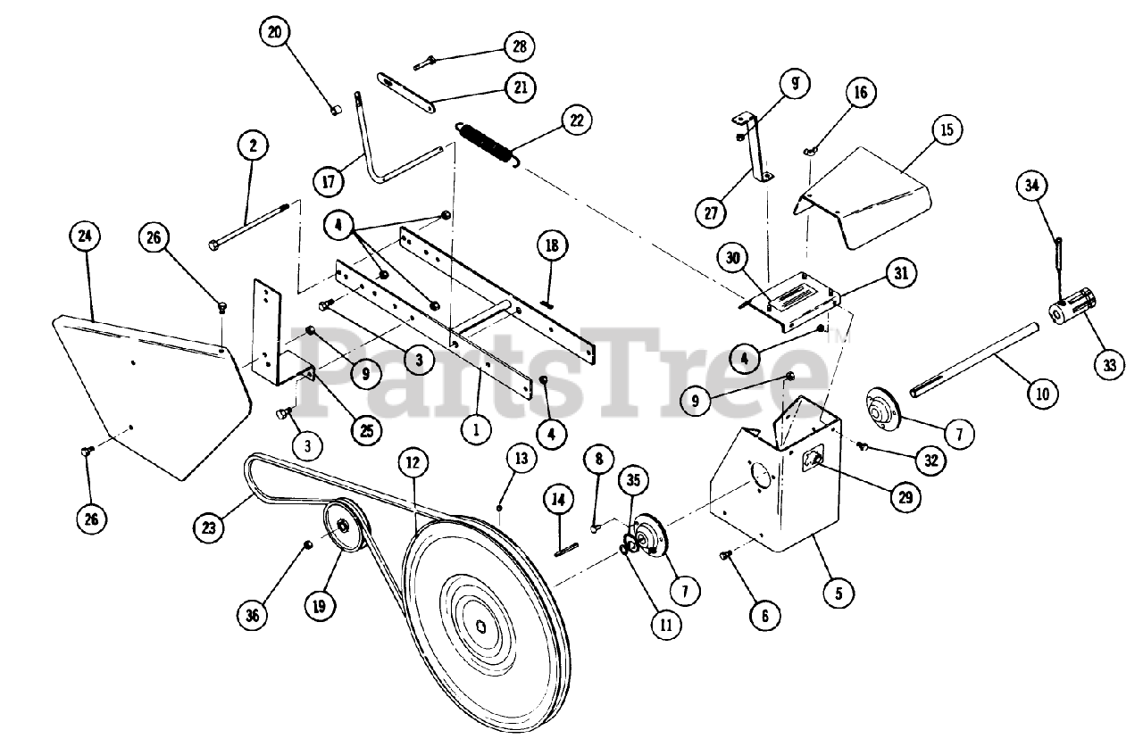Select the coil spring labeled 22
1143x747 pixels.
pos(488,142)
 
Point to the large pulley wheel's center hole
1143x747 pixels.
pos(482,625)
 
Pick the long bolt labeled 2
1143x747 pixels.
pos(248,231)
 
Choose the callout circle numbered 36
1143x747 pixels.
pos(254,614)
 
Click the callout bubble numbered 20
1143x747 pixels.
pos(275,33)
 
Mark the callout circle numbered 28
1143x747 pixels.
pos(519,46)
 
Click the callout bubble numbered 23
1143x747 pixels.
pos(209,528)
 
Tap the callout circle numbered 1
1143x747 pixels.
pos(477,429)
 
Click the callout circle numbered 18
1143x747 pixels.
pos(551,245)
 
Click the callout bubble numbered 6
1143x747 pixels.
pos(764,615)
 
